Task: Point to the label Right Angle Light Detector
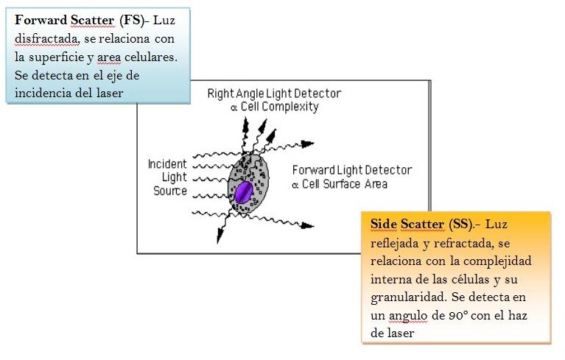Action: click(274, 94)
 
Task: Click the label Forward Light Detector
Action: click(352, 170)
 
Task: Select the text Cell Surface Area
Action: click(345, 183)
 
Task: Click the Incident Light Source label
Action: click(168, 177)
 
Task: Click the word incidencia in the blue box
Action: click(43, 93)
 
